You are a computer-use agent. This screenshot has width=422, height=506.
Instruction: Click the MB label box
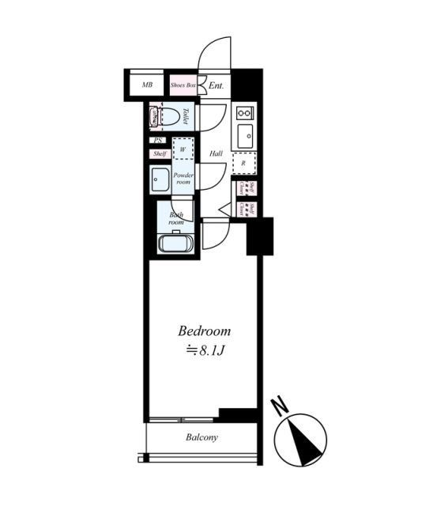[146, 85]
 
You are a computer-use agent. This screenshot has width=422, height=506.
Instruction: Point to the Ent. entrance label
[216, 85]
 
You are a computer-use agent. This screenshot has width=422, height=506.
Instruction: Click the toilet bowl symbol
[167, 117]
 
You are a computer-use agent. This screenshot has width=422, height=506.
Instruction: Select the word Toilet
[184, 117]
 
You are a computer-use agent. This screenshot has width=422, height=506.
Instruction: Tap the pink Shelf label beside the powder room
[159, 153]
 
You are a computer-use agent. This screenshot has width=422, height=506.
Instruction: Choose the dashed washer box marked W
[183, 149]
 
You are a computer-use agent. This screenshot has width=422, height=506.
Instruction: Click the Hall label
[215, 154]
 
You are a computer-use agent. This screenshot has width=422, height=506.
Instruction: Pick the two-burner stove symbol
[244, 112]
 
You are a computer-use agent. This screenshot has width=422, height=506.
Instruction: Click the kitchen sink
[246, 134]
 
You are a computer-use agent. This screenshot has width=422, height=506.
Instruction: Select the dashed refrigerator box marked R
[244, 162]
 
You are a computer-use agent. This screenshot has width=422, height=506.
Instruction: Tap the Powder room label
[183, 178]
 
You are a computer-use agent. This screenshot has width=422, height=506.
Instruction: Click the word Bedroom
[204, 330]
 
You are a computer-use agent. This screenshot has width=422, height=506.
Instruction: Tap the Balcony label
[202, 437]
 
